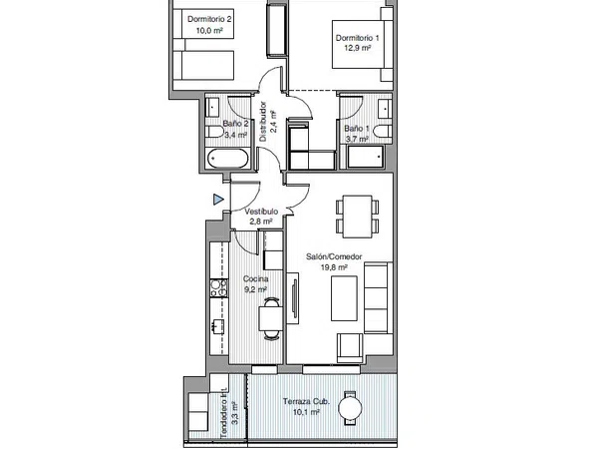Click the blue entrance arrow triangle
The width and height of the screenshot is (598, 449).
pos(217,200)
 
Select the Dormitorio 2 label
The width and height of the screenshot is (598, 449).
pos(209,19)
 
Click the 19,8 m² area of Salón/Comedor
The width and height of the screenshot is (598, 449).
pos(334,267)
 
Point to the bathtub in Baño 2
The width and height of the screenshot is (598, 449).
pos(228,159)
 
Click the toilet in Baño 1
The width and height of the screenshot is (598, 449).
pos(383,132)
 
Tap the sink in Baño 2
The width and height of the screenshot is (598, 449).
pos(212,108)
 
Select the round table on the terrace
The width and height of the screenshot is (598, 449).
pos(350,409)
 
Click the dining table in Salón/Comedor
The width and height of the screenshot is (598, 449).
pos(357,217)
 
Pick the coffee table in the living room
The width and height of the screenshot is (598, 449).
pos(344,298)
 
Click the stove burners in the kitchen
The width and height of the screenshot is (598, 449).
pos(219,288)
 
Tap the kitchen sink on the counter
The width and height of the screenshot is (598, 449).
pos(217,327)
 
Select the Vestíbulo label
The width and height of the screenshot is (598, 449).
pos(261,212)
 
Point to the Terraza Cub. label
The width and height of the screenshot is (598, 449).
pos(306,401)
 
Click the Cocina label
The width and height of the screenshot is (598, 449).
pos(255,279)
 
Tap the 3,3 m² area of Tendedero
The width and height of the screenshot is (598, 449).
pos(235,413)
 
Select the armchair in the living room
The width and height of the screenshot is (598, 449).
pos(350,348)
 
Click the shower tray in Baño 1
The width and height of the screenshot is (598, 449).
pos(366,157)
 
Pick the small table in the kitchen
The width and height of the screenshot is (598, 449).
pos(271,318)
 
